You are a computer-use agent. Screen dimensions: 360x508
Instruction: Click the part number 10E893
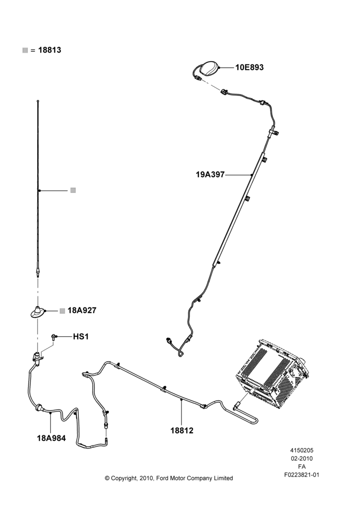(249, 68)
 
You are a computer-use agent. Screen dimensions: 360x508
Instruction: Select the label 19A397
(210, 175)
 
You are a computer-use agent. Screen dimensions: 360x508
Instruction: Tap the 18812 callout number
(182, 431)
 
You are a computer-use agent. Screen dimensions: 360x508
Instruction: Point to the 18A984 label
(51, 438)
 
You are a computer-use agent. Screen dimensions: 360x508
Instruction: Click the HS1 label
(81, 337)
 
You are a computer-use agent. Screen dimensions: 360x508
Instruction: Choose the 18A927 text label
(82, 310)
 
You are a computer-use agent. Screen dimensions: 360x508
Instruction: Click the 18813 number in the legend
(50, 50)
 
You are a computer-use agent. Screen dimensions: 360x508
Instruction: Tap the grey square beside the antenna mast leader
(73, 190)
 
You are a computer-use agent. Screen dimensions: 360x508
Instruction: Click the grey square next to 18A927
(62, 311)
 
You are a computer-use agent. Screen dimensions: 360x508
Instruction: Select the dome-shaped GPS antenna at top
(208, 68)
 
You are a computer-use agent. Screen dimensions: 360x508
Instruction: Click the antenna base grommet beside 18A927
(38, 312)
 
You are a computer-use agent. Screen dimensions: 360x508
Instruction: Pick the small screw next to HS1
(54, 337)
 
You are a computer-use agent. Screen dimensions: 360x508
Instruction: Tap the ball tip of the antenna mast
(38, 101)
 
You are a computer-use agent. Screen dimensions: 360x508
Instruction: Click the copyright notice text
(169, 478)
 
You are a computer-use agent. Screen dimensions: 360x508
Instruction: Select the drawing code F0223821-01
(302, 475)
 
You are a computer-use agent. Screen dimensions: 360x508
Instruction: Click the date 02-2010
(302, 458)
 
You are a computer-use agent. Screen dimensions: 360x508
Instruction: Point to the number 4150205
(302, 450)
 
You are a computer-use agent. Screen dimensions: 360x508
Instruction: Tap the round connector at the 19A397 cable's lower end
(168, 339)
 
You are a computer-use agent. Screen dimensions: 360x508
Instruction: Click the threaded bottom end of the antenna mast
(38, 273)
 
